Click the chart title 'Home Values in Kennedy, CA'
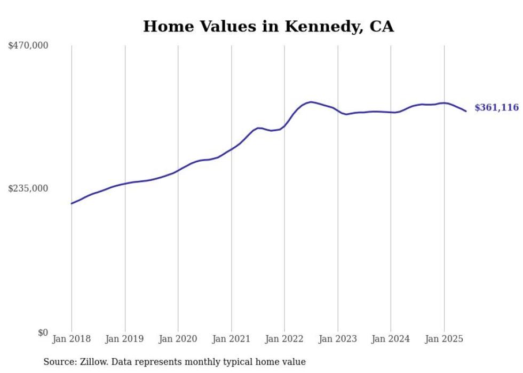(268, 26)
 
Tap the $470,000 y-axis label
(28, 46)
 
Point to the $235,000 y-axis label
(28, 188)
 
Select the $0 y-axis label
(43, 332)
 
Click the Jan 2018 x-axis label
(72, 339)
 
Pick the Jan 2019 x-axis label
(125, 339)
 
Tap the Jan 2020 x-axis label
(178, 339)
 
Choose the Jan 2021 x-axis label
(231, 339)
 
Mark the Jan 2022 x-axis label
(284, 339)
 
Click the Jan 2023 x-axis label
(338, 339)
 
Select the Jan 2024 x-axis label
(391, 339)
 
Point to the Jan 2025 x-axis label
(444, 339)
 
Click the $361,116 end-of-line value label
(496, 108)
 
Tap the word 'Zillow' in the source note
(93, 362)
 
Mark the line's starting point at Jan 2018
(72, 203)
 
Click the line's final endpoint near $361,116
(466, 111)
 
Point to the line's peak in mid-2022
(311, 102)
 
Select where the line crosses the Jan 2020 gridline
(178, 171)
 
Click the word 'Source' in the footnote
(59, 362)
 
